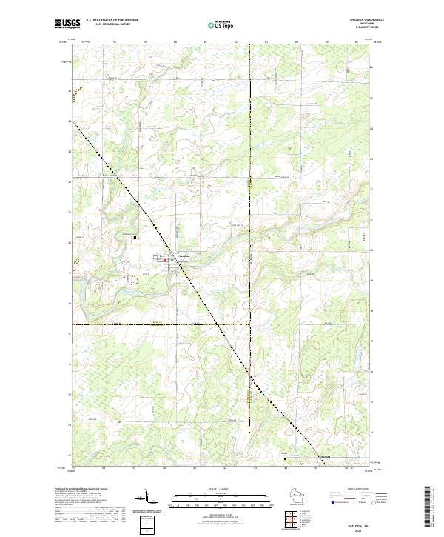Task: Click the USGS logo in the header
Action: [x=67, y=24]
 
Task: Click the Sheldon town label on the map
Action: [x=184, y=256]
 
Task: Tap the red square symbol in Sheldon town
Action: [x=164, y=260]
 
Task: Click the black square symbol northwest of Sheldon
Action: [x=135, y=237]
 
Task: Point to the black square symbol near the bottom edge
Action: [x=287, y=458]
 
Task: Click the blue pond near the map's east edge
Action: [x=357, y=360]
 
